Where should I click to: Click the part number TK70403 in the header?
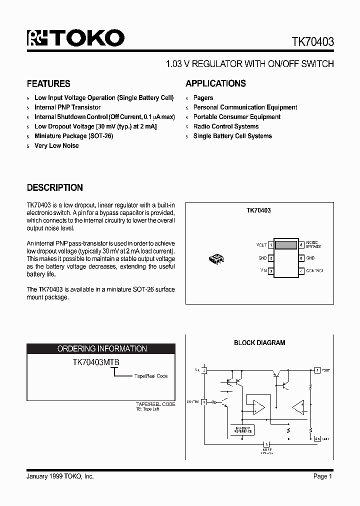(312, 42)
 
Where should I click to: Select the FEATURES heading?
(48, 84)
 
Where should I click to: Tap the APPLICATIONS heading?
(215, 84)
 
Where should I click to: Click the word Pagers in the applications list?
(203, 98)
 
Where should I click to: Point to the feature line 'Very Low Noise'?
(56, 145)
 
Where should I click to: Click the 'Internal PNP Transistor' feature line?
(67, 107)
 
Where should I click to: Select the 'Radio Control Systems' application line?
(226, 126)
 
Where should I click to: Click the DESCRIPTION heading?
(55, 188)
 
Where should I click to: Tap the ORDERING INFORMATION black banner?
(101, 349)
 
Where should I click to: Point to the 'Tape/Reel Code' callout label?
(150, 376)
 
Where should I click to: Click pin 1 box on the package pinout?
(270, 245)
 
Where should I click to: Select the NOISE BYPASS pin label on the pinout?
(313, 244)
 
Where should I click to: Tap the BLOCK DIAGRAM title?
(259, 343)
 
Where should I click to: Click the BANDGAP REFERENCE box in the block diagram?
(241, 429)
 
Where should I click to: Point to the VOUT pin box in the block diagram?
(317, 370)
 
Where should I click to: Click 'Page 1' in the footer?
(322, 476)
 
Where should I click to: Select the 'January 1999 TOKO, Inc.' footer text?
(60, 476)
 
